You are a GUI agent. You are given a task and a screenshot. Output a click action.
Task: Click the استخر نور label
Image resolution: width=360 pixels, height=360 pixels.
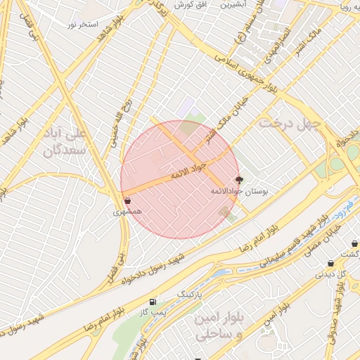coord(81,25)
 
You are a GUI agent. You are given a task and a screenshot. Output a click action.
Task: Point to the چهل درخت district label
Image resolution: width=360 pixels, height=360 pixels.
coord(288,124)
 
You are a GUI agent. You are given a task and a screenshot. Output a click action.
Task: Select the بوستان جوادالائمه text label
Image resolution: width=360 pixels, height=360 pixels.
coord(236,191)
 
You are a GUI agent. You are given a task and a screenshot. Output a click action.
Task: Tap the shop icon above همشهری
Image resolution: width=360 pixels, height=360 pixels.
coord(127,200)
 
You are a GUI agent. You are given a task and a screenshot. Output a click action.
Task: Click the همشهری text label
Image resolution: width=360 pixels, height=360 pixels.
coord(128,211)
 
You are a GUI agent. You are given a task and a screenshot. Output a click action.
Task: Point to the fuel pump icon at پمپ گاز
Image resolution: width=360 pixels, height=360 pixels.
coord(153,301)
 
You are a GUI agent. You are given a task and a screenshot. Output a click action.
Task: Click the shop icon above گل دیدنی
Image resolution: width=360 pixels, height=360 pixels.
coord(330,264)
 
